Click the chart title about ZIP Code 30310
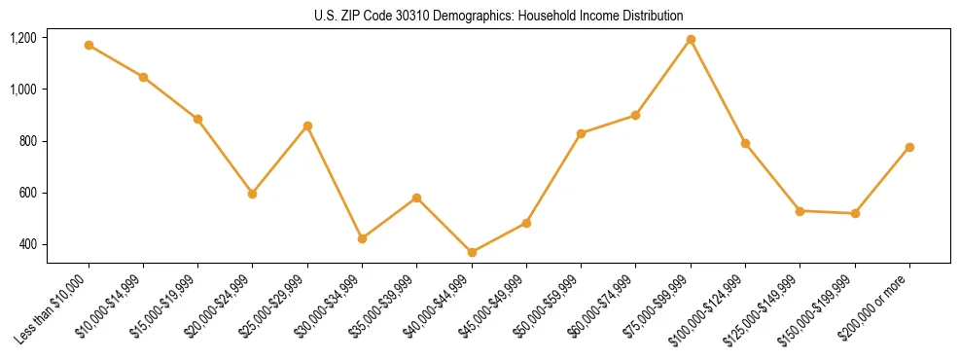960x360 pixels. pyautogui.click(x=499, y=16)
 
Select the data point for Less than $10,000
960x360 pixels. pyautogui.click(x=89, y=45)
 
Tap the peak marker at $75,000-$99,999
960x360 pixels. pyautogui.click(x=691, y=39)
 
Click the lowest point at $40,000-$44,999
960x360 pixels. pyautogui.click(x=472, y=252)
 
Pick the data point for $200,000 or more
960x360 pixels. pyautogui.click(x=909, y=147)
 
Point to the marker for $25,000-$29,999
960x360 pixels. pyautogui.click(x=307, y=126)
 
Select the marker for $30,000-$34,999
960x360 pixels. pyautogui.click(x=362, y=238)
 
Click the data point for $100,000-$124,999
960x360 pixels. pyautogui.click(x=745, y=143)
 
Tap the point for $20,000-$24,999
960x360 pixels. pyautogui.click(x=253, y=194)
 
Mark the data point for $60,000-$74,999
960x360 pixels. pyautogui.click(x=636, y=115)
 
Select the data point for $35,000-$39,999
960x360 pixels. pyautogui.click(x=416, y=198)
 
